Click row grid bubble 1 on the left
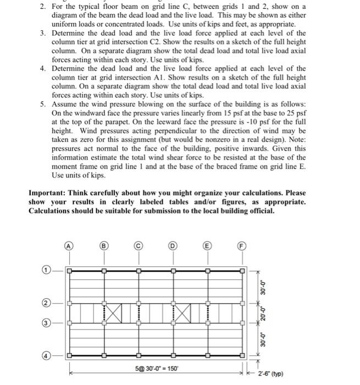tap(48, 270)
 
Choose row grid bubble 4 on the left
tap(48, 355)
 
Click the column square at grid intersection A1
tap(69, 270)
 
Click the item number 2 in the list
tap(42, 7)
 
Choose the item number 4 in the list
tap(42, 69)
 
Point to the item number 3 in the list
tap(42, 34)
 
